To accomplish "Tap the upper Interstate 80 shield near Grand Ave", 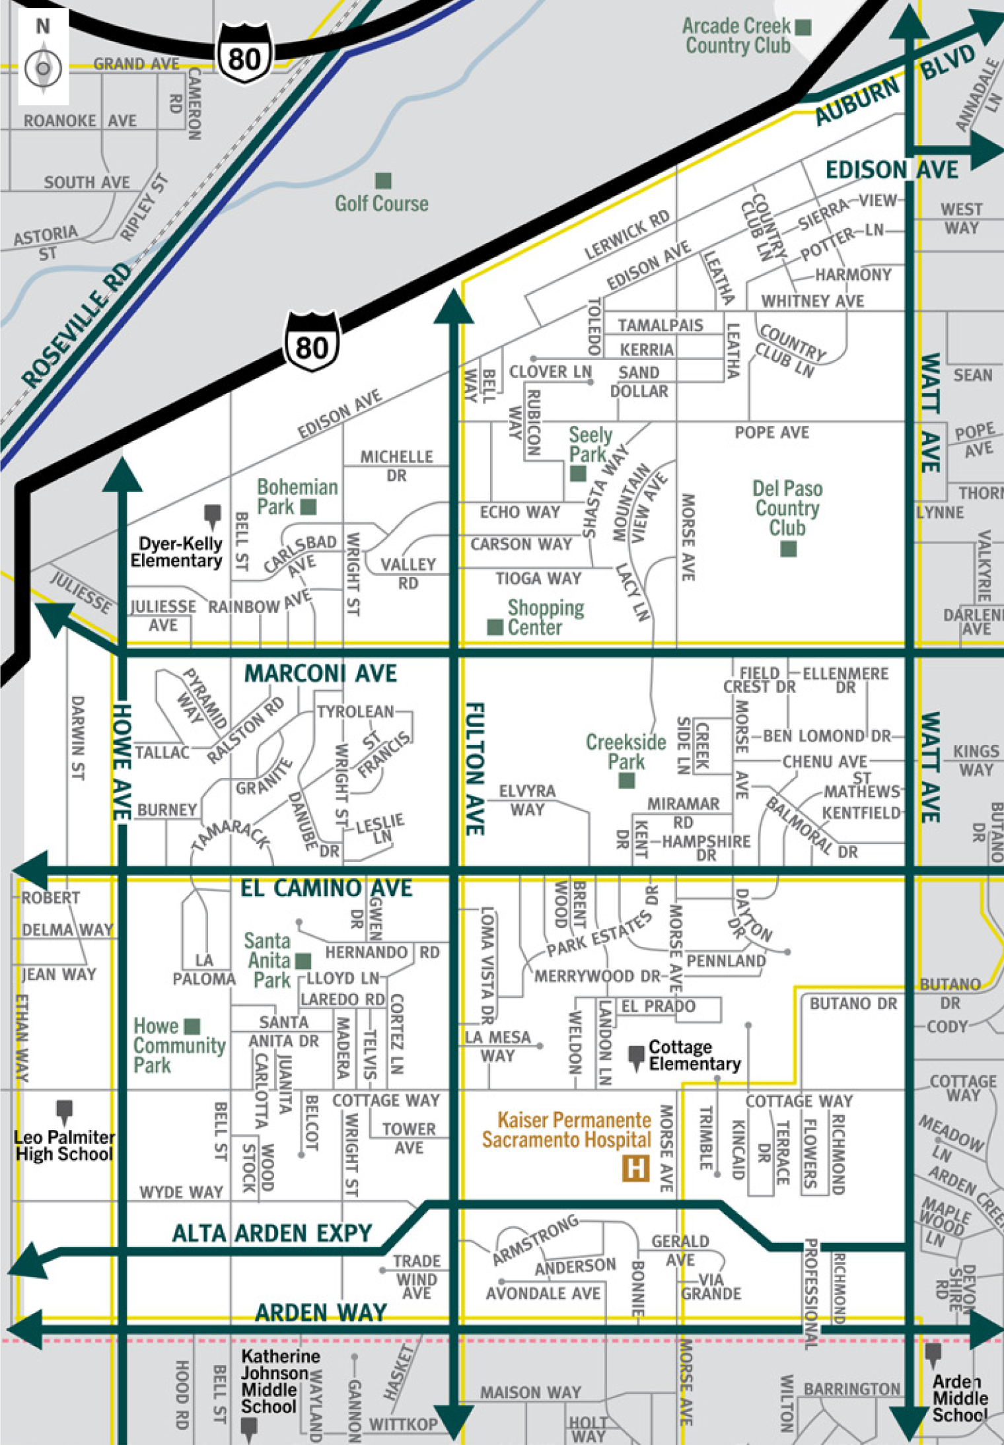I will point(244,57).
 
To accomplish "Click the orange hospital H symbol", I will point(635,1168).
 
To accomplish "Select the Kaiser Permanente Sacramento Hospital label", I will point(567,1130).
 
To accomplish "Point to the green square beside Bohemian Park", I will point(308,507).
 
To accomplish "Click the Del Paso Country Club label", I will point(787,509).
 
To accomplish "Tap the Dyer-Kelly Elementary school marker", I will point(212,515).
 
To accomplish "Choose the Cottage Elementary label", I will point(694,1055).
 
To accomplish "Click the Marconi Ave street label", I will point(320,674).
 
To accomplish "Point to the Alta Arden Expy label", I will point(272,1233).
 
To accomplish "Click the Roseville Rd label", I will point(76,325).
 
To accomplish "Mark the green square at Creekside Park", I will point(626,781).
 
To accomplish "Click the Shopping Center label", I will point(546,617).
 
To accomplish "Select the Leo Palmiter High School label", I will point(64,1146).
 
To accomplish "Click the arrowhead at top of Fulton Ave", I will point(454,307).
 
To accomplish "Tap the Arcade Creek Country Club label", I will point(736,36).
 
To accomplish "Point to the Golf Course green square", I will point(383,180).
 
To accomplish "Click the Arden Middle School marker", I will point(933,1354).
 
